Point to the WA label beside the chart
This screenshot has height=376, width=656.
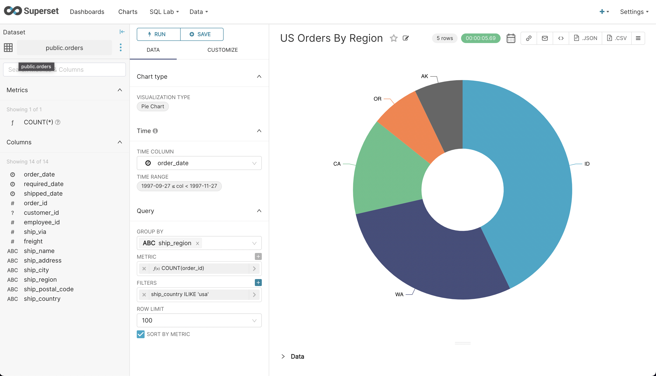click(x=399, y=294)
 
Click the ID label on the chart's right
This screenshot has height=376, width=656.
click(x=587, y=164)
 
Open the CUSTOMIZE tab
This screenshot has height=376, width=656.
click(x=222, y=50)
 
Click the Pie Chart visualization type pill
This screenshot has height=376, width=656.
click(x=152, y=106)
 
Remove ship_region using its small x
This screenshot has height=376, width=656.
click(x=197, y=243)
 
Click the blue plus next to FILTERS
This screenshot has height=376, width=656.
click(x=258, y=283)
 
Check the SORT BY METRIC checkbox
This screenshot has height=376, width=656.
click(x=140, y=334)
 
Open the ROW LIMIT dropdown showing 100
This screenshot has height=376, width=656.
click(x=199, y=320)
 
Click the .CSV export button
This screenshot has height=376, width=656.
click(x=616, y=38)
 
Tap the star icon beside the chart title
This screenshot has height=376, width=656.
click(x=394, y=38)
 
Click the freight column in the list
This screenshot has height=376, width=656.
click(x=33, y=241)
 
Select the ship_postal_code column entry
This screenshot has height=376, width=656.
click(x=48, y=289)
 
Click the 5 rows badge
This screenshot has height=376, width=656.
click(x=444, y=38)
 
